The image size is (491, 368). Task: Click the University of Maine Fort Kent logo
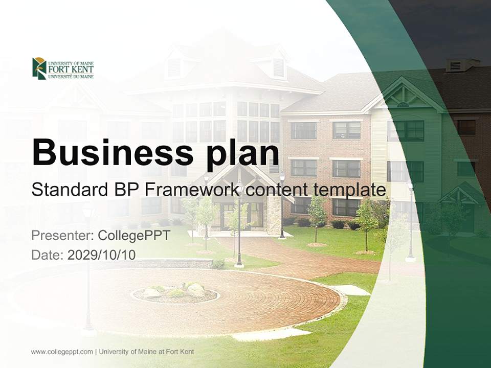click(62, 68)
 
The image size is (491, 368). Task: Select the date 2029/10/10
click(101, 255)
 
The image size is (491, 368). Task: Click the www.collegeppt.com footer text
click(62, 352)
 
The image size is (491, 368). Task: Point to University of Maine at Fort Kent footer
click(146, 352)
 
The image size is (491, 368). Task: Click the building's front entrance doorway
click(228, 215)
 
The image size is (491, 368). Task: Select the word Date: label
click(48, 255)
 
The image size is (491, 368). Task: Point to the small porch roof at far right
click(460, 194)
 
